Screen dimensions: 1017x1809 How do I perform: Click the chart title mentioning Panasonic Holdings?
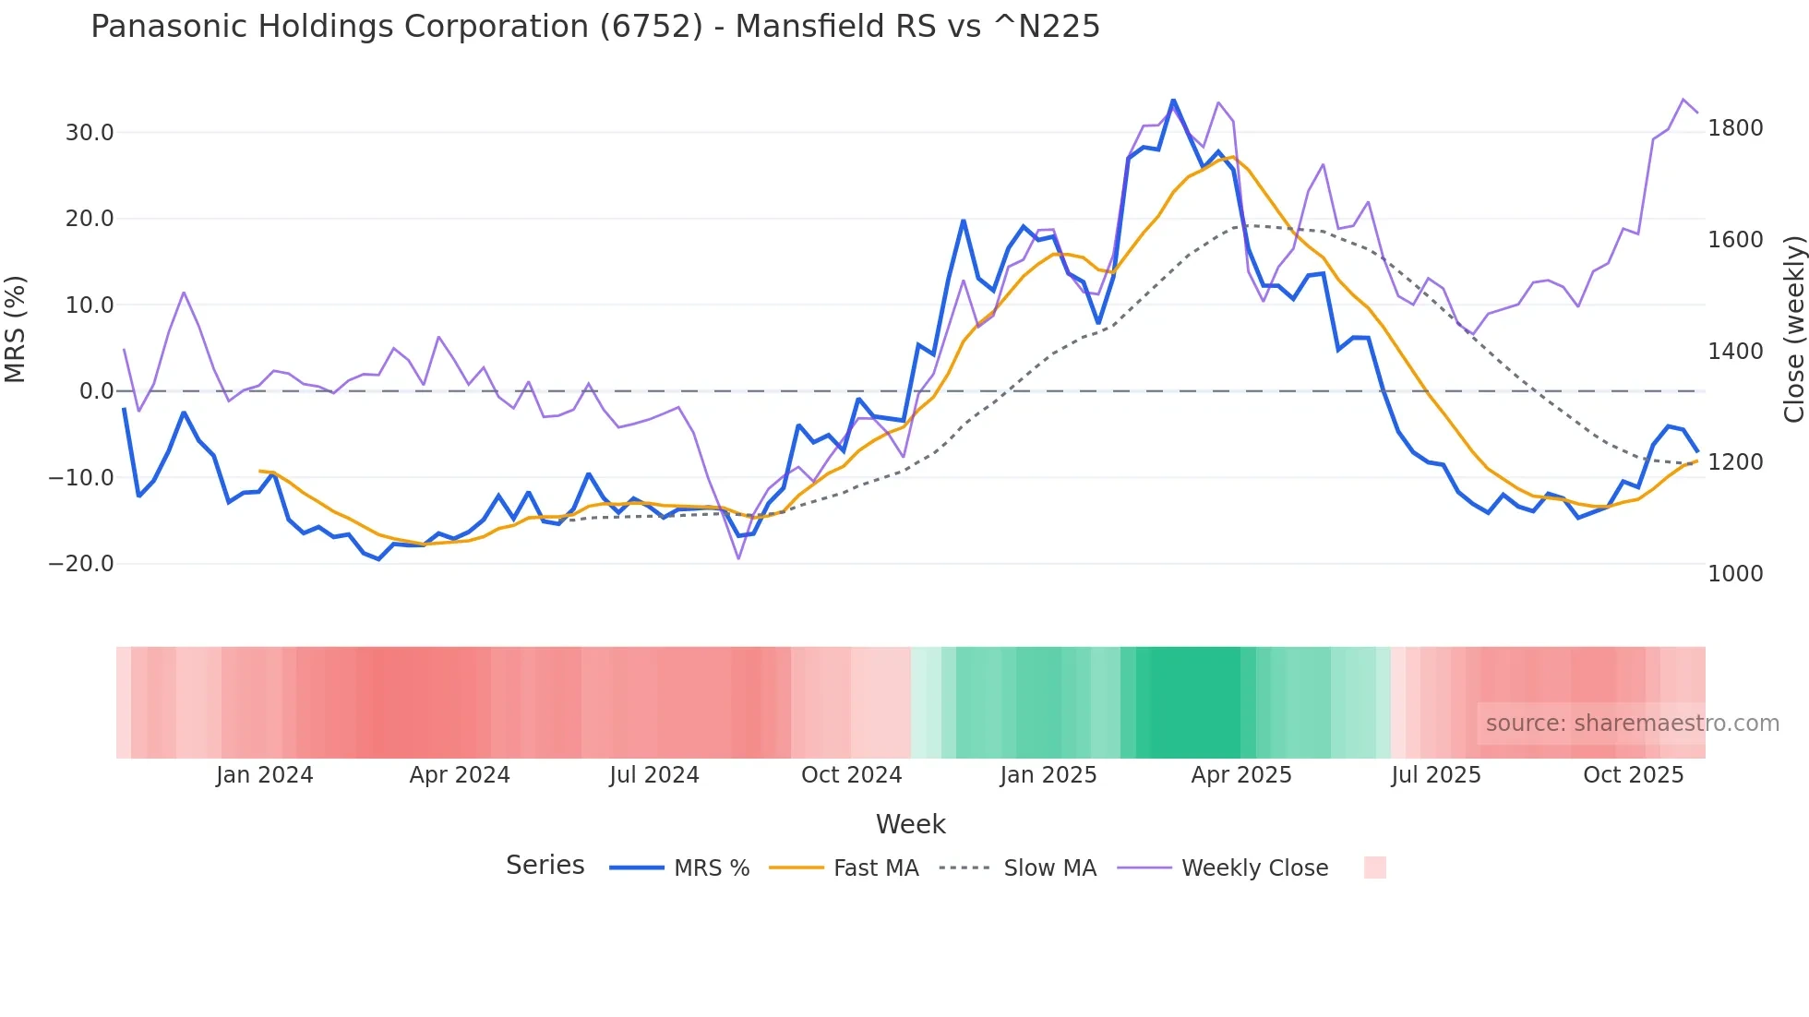pyautogui.click(x=595, y=27)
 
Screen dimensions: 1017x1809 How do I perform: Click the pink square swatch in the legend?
pyautogui.click(x=1374, y=867)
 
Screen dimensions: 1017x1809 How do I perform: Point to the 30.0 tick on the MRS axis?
pyautogui.click(x=90, y=133)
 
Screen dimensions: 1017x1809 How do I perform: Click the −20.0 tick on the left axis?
pyautogui.click(x=81, y=564)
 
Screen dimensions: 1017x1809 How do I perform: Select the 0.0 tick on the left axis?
pyautogui.click(x=96, y=391)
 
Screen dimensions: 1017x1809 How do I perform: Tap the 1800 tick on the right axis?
pyautogui.click(x=1735, y=128)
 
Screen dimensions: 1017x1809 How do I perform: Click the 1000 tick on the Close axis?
pyautogui.click(x=1735, y=574)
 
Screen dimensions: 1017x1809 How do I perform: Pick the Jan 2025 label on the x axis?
pyautogui.click(x=1048, y=775)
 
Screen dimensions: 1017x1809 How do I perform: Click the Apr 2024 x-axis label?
pyautogui.click(x=460, y=775)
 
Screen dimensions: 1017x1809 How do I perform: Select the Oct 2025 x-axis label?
pyautogui.click(x=1633, y=775)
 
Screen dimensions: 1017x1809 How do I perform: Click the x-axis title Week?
pyautogui.click(x=910, y=824)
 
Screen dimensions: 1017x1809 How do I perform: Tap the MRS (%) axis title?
pyautogui.click(x=16, y=329)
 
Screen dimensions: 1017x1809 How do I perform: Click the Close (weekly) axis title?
pyautogui.click(x=1793, y=329)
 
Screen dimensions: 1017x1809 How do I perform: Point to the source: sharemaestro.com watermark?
pyautogui.click(x=1632, y=724)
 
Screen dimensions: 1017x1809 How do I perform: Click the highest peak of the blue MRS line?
pyautogui.click(x=1173, y=101)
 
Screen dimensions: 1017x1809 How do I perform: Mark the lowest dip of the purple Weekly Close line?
pyautogui.click(x=738, y=558)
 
